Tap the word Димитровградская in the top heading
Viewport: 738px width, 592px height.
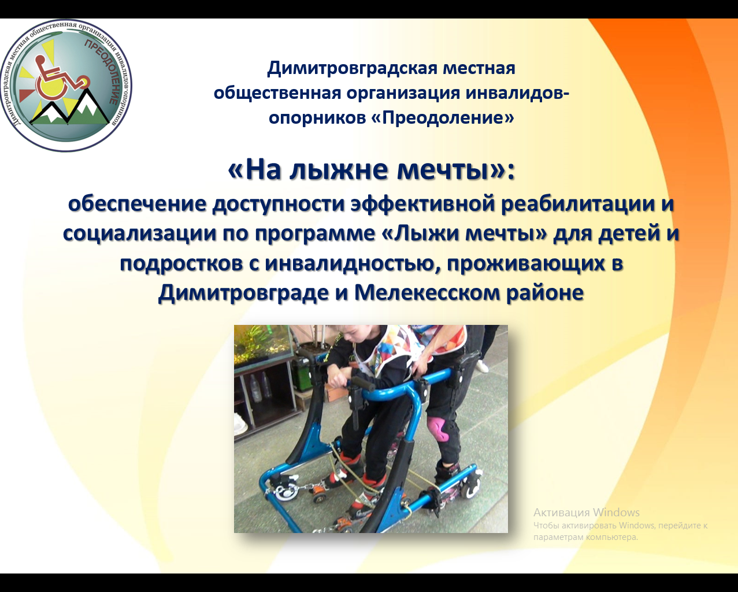[x=353, y=68]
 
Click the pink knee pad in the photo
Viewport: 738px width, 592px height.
[x=437, y=428]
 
